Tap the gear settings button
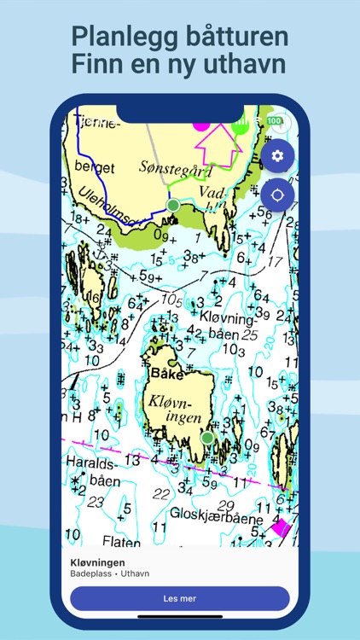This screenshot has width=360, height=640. pos(277,156)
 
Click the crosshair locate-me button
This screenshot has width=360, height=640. pos(277,195)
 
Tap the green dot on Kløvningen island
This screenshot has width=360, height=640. pos(206,438)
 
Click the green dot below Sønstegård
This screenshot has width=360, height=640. pos(173,206)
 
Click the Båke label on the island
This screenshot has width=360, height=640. pos(166,373)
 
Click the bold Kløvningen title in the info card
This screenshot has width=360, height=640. pos(98,563)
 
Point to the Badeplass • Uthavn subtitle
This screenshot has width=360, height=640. pos(109,574)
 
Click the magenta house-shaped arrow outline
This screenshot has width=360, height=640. pos(220,143)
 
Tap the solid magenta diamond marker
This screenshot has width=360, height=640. pos(280,527)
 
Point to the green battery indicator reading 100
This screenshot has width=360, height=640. pos(274,122)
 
